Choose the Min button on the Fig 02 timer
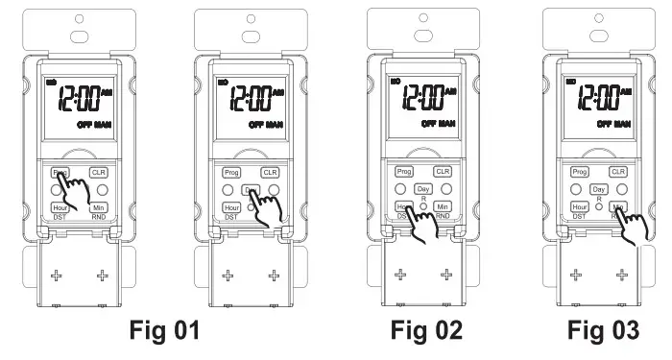coord(443,206)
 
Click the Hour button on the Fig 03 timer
coord(579,206)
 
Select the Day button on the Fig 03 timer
coord(599,190)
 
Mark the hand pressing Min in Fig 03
coord(632,227)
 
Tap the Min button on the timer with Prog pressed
coord(98,206)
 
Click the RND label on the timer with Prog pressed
coord(98,218)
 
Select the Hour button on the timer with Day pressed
coord(230,206)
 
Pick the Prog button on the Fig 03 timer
coord(579,172)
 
